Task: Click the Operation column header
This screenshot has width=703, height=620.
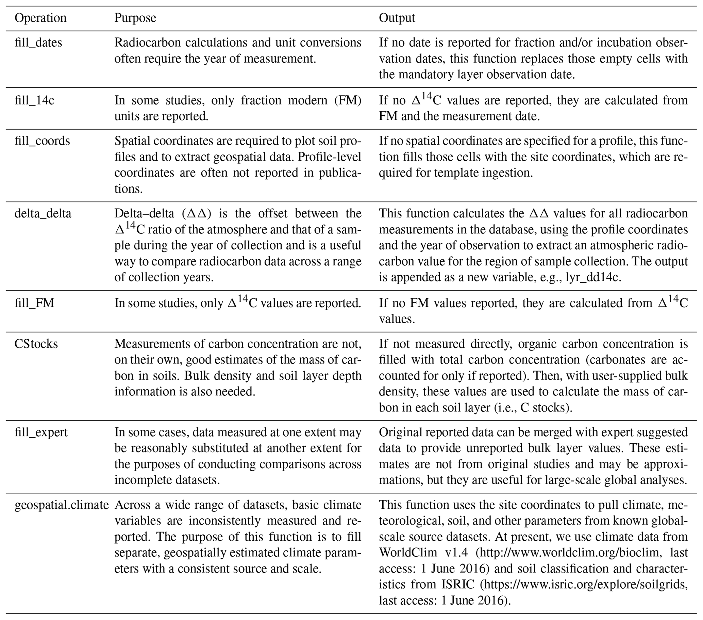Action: pyautogui.click(x=40, y=18)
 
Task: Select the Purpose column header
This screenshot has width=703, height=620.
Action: pyautogui.click(x=135, y=18)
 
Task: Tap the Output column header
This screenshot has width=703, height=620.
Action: pyautogui.click(x=397, y=18)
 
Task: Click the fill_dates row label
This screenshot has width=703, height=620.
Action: pyautogui.click(x=38, y=43)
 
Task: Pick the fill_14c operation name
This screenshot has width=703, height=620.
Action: pyautogui.click(x=34, y=100)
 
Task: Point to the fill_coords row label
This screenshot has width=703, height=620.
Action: pyautogui.click(x=42, y=141)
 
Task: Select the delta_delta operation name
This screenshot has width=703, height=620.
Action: pyautogui.click(x=43, y=214)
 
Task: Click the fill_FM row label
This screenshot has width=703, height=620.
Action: pyautogui.click(x=34, y=303)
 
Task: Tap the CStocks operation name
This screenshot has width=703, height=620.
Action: pyautogui.click(x=36, y=344)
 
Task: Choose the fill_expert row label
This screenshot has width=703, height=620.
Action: pyautogui.click(x=41, y=432)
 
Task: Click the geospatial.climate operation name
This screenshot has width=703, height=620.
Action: pyautogui.click(x=62, y=505)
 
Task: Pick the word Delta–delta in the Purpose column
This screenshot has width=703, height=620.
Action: pyautogui.click(x=145, y=214)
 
